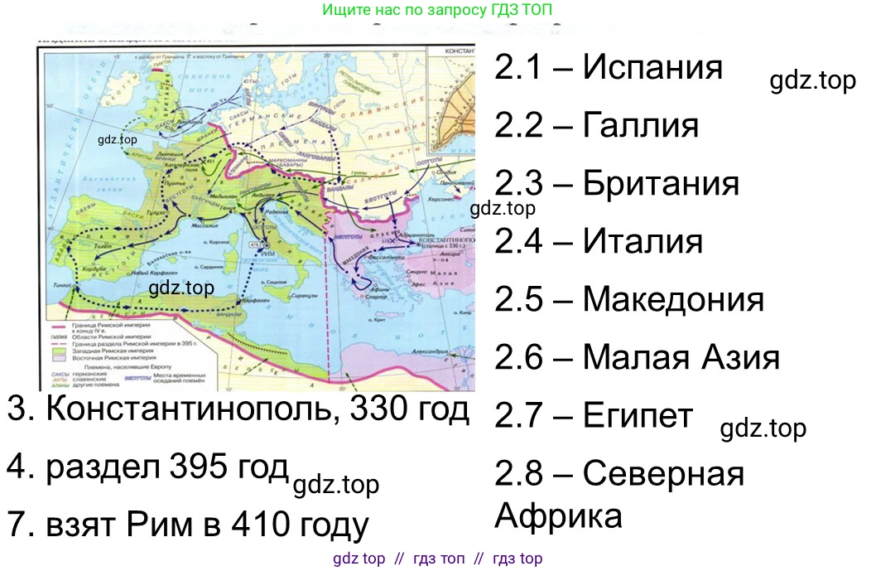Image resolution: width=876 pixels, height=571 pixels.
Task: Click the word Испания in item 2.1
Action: (x=652, y=67)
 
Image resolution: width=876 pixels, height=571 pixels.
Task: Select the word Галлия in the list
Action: (x=641, y=125)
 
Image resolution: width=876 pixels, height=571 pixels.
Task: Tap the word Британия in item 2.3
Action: (x=661, y=183)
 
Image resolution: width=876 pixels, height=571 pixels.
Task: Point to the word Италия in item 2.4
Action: (x=643, y=241)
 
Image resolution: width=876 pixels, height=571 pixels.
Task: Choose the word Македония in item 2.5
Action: (x=673, y=299)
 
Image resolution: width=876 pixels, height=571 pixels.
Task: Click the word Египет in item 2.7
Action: (x=638, y=415)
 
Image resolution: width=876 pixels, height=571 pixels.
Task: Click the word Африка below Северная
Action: (x=558, y=515)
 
